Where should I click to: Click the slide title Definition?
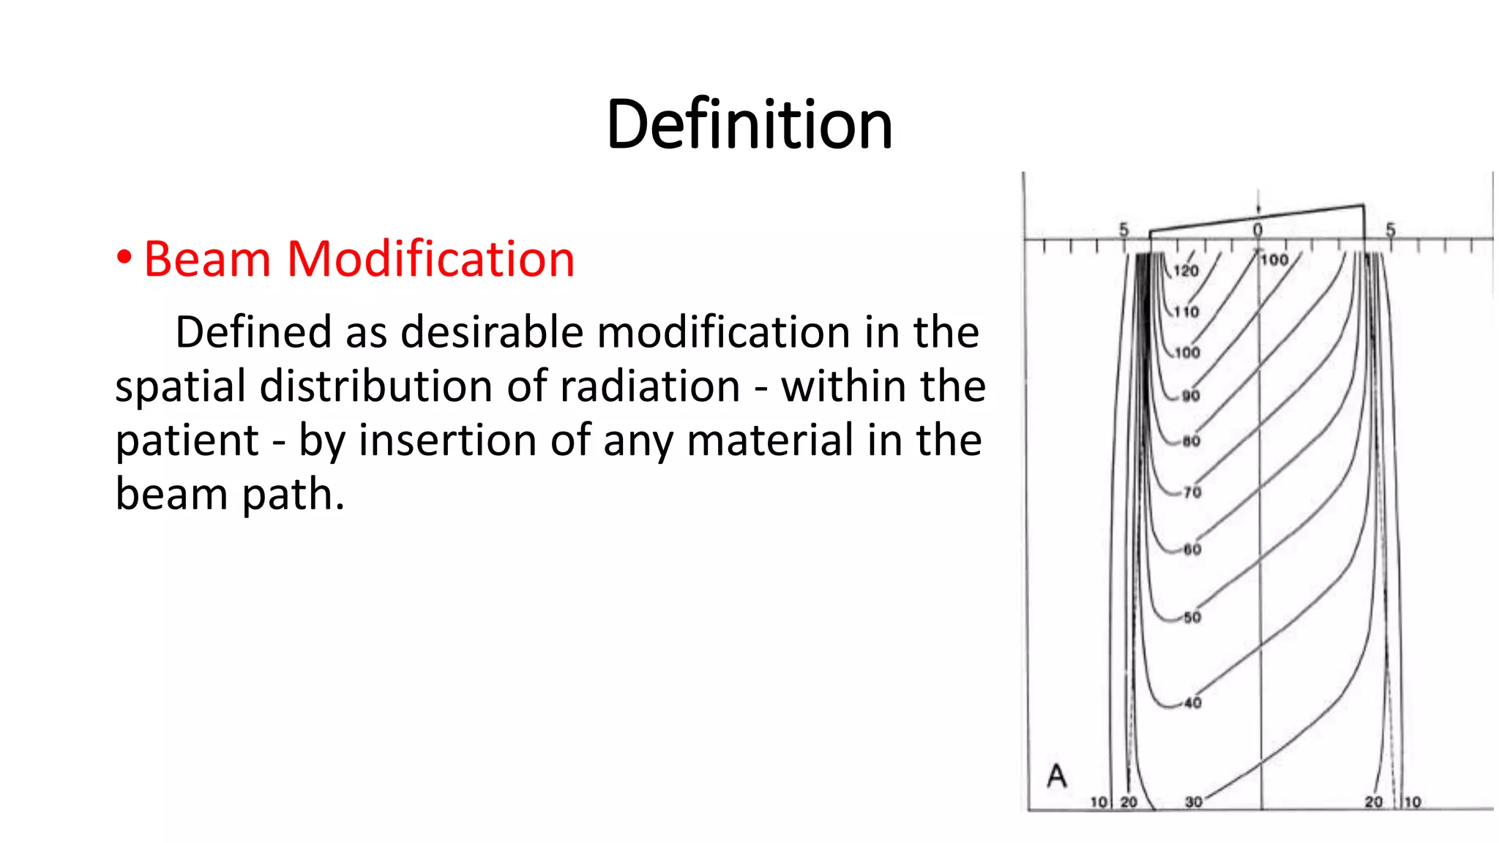point(749,124)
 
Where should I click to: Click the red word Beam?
point(207,259)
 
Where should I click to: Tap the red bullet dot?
point(124,258)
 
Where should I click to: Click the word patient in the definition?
point(187,441)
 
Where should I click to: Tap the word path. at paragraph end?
point(293,495)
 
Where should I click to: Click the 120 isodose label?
point(1186,271)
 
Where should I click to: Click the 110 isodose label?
point(1186,312)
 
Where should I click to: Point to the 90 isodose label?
point(1191,396)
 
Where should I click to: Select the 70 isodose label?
point(1192,492)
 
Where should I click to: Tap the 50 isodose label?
point(1192,618)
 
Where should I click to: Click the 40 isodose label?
point(1192,703)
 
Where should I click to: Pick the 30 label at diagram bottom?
point(1193,802)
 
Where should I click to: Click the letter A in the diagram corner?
point(1056,776)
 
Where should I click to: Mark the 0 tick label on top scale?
point(1257,230)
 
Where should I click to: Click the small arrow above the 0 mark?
point(1258,202)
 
